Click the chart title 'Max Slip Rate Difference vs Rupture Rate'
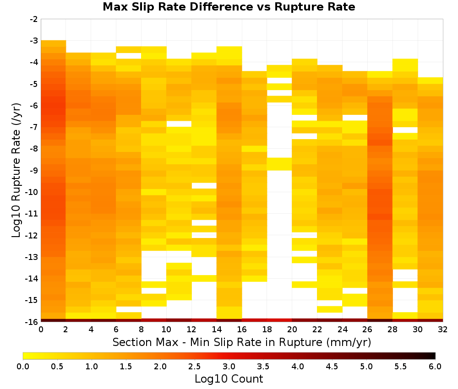coord(229,7)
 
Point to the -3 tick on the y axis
coord(34,41)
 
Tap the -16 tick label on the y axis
coord(32,322)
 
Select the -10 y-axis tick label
coord(32,192)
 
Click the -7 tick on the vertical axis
coord(34,127)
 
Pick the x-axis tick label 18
coord(267,330)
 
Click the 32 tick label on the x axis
coord(443,330)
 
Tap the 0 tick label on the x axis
coord(41,330)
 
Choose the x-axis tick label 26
coord(367,330)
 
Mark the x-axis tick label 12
coord(191,330)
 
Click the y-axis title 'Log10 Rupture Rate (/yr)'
coord(16,170)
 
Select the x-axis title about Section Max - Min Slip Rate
coord(242,342)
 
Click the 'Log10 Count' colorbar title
coord(229,379)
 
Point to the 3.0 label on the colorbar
coord(229,366)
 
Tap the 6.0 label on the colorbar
coord(435,366)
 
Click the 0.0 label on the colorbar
coord(23,366)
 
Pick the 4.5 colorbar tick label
coord(332,366)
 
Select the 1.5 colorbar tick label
coord(126,366)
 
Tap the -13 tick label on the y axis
coord(32,257)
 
